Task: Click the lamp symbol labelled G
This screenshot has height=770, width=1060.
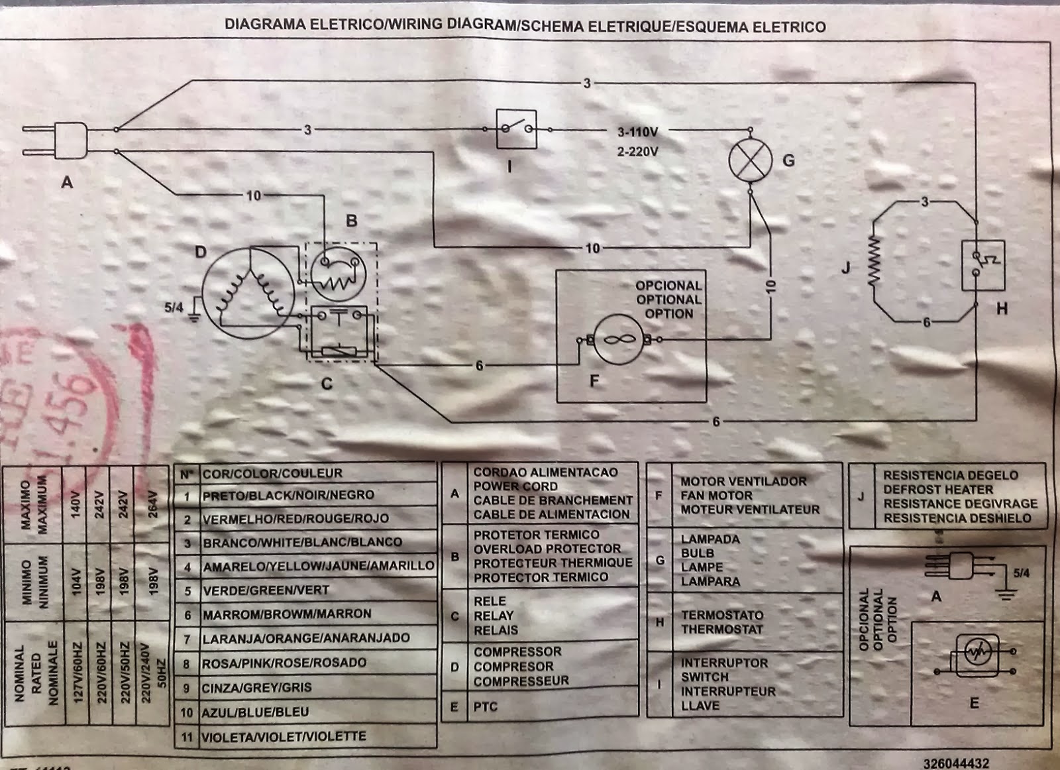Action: click(x=751, y=161)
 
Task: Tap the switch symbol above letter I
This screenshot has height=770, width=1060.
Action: click(x=516, y=129)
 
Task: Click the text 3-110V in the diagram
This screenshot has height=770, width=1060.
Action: click(x=637, y=132)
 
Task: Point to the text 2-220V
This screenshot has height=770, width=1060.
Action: click(x=637, y=152)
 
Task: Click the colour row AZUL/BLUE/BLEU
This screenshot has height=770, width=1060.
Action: click(x=256, y=712)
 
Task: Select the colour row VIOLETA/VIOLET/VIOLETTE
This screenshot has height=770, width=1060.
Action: click(x=284, y=737)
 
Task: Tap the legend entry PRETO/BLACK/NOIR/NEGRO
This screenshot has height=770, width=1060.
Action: click(x=288, y=496)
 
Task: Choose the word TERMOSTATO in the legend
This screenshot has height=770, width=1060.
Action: click(x=722, y=615)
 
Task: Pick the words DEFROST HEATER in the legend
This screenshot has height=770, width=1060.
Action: click(x=938, y=490)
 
